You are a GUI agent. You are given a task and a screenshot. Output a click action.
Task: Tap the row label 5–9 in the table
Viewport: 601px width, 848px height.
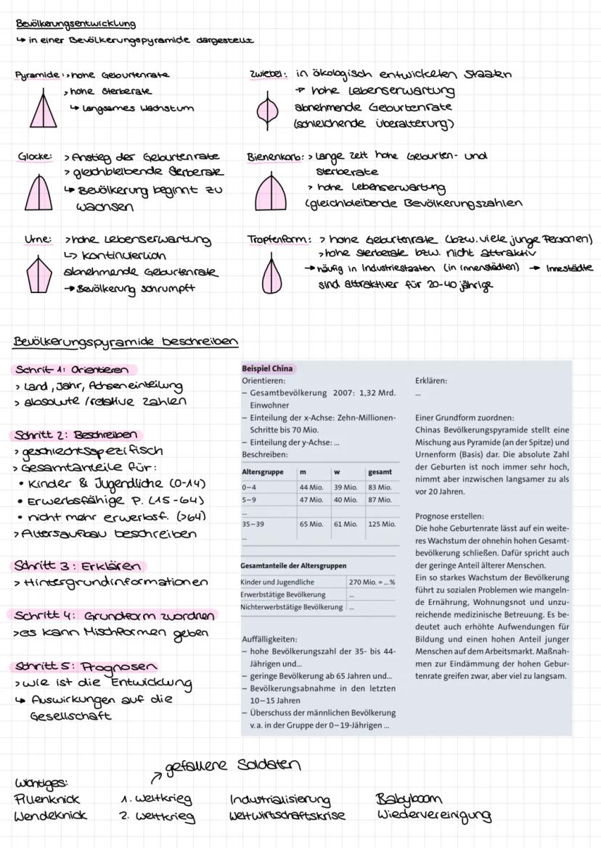(x=248, y=500)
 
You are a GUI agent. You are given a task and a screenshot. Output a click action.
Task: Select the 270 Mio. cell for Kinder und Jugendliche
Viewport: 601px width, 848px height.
(x=372, y=582)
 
